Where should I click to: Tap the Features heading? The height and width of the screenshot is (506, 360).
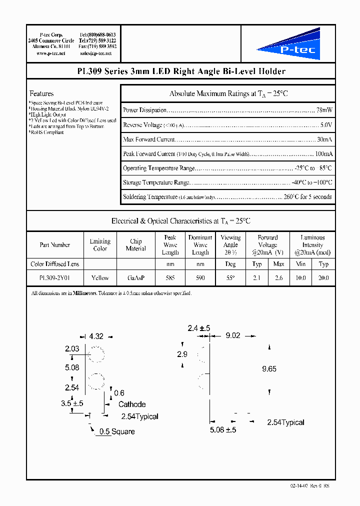(41, 93)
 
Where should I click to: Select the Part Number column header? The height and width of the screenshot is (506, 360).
(55, 245)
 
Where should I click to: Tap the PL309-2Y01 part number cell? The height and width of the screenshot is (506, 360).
(55, 277)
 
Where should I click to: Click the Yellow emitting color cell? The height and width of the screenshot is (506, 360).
(100, 277)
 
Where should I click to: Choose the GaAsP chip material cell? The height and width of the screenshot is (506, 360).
(136, 277)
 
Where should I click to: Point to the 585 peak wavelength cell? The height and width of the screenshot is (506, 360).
(170, 277)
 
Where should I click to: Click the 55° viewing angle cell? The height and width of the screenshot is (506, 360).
(230, 277)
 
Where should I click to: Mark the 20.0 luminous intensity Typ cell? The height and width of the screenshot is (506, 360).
(323, 277)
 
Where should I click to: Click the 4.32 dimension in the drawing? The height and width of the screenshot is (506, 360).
(96, 337)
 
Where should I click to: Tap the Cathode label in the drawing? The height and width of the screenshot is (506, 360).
(132, 404)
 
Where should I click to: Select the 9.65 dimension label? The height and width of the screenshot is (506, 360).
(269, 369)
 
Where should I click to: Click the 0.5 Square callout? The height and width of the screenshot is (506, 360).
(117, 431)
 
